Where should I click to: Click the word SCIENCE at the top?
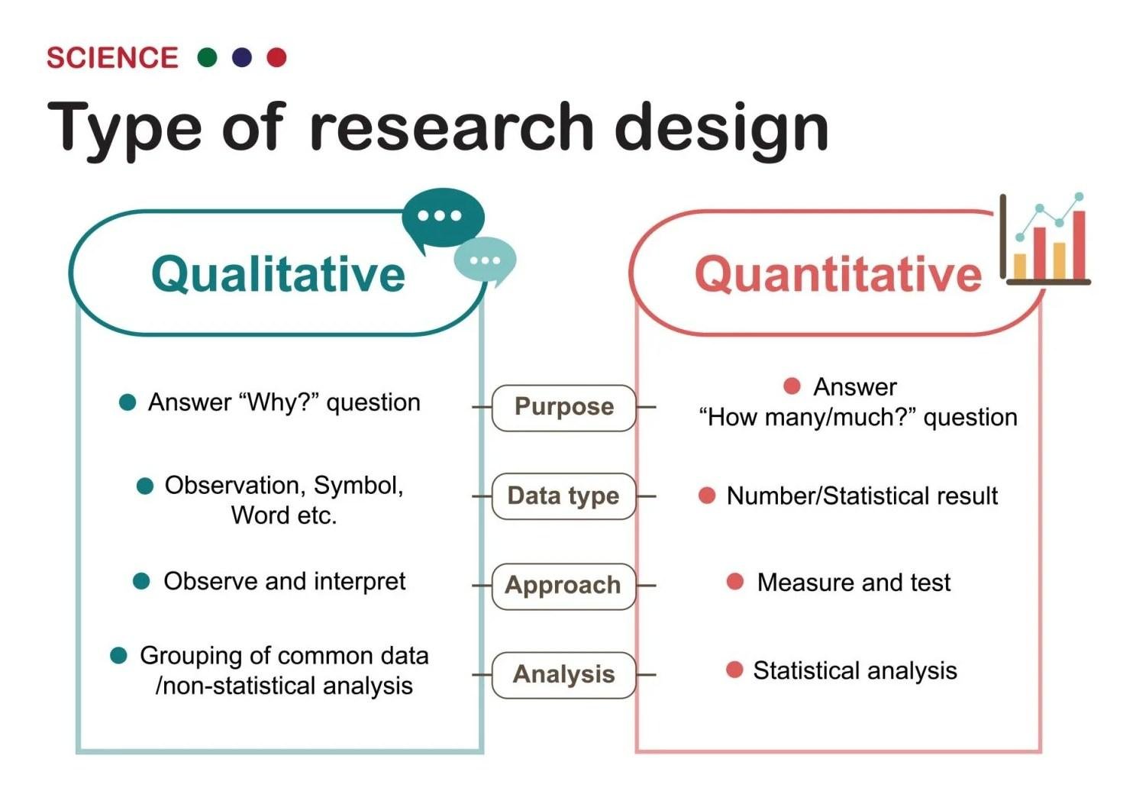tap(112, 58)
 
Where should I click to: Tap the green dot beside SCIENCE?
tap(207, 57)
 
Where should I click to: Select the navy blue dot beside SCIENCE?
tap(242, 57)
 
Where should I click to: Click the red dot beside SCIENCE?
tap(276, 57)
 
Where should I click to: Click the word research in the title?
tap(451, 127)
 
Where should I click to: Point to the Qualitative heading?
tap(278, 274)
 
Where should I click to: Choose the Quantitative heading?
tap(837, 274)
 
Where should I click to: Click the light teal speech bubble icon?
tap(484, 260)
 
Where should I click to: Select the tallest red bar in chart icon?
tap(1079, 244)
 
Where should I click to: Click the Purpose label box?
tap(563, 407)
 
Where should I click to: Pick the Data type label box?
tap(563, 496)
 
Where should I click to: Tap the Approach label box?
tap(563, 586)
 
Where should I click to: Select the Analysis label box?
tap(563, 675)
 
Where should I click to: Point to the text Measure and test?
tap(853, 583)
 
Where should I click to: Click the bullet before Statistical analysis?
tap(734, 670)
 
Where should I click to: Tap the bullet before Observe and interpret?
tap(141, 582)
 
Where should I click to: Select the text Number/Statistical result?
tap(862, 496)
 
